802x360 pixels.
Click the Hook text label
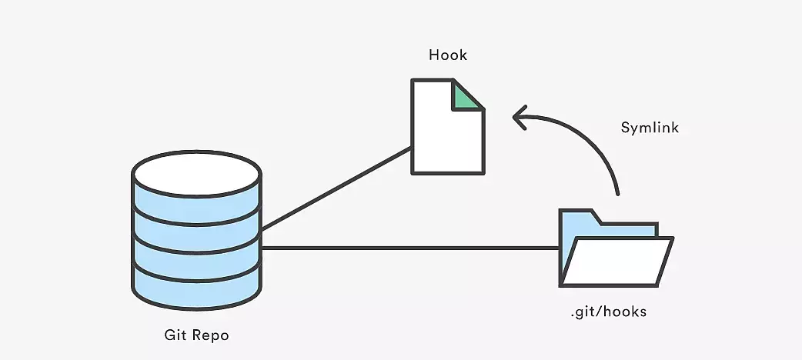(x=448, y=55)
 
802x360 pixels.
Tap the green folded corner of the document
(x=466, y=95)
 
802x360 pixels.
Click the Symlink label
(x=650, y=128)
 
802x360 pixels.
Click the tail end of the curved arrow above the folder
(x=617, y=192)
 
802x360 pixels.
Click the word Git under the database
(x=174, y=335)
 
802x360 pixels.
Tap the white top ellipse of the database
(x=197, y=170)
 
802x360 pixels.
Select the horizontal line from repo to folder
(x=408, y=248)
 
